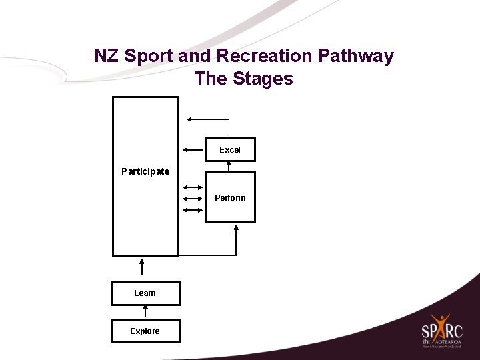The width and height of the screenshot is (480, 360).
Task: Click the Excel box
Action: pyautogui.click(x=230, y=150)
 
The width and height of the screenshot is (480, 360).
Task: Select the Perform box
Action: pyautogui.click(x=230, y=197)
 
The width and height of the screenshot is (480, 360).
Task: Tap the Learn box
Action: pyautogui.click(x=145, y=293)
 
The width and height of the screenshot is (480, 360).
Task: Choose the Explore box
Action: pyautogui.click(x=145, y=331)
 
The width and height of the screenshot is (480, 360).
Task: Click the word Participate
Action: pyautogui.click(x=145, y=171)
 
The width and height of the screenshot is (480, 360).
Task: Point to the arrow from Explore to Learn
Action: pyautogui.click(x=145, y=312)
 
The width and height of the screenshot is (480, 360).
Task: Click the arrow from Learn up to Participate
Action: pyautogui.click(x=142, y=266)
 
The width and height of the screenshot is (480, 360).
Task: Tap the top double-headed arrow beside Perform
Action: pyautogui.click(x=193, y=187)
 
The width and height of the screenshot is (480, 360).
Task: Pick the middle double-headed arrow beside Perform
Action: pyautogui.click(x=193, y=199)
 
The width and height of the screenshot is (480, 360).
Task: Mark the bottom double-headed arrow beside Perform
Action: pyautogui.click(x=193, y=210)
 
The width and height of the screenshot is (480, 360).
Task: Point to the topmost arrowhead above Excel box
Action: pyautogui.click(x=189, y=119)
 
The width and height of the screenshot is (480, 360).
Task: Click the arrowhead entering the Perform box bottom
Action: pyautogui.click(x=237, y=229)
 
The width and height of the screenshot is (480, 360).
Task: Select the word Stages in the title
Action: pyautogui.click(x=263, y=79)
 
